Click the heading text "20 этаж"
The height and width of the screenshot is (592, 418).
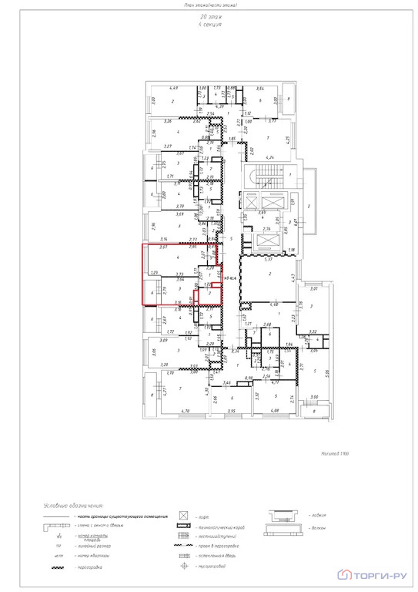pyautogui.click(x=209, y=16)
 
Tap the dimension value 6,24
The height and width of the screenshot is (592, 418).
pyautogui.click(x=269, y=157)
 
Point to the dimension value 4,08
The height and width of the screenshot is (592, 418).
pyautogui.click(x=276, y=412)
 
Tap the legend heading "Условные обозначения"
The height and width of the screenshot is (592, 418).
pyautogui.click(x=79, y=501)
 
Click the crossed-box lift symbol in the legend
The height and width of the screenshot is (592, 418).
pyautogui.click(x=184, y=513)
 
